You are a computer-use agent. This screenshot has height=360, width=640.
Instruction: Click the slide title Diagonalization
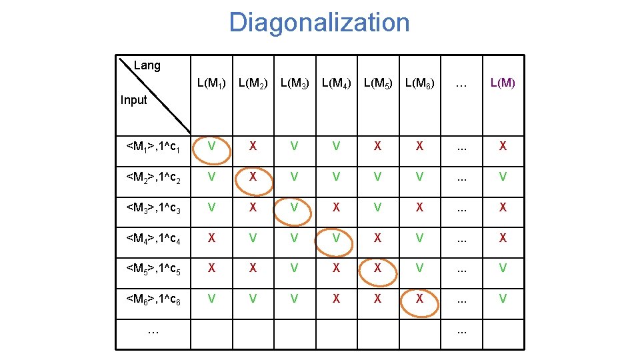pyautogui.click(x=319, y=23)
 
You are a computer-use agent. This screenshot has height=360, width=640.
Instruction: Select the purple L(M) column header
pyautogui.click(x=503, y=83)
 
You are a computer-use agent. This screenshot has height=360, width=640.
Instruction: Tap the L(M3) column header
pyautogui.click(x=294, y=84)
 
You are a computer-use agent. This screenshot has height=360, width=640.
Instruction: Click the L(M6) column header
pyautogui.click(x=419, y=84)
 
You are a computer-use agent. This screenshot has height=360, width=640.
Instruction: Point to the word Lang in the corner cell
pyautogui.click(x=147, y=65)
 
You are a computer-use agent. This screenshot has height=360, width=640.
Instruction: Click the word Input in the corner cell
pyautogui.click(x=133, y=100)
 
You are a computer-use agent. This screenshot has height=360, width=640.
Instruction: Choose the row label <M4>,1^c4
pyautogui.click(x=153, y=239)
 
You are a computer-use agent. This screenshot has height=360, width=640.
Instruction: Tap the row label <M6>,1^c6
pyautogui.click(x=153, y=300)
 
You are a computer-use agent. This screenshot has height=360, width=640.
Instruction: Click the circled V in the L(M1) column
pyautogui.click(x=211, y=146)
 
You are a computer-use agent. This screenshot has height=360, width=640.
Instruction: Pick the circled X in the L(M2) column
pyautogui.click(x=253, y=177)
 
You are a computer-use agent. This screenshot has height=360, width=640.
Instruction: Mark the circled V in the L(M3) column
pyautogui.click(x=294, y=207)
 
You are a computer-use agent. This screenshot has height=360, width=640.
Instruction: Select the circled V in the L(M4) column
pyautogui.click(x=336, y=238)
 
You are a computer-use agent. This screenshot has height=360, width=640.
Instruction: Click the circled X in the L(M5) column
pyautogui.click(x=377, y=269)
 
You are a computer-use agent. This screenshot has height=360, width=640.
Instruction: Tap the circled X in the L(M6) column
pyautogui.click(x=419, y=299)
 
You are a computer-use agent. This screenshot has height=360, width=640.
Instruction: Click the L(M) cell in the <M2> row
pyautogui.click(x=503, y=177)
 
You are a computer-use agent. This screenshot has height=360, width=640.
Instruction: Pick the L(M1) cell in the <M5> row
pyautogui.click(x=211, y=269)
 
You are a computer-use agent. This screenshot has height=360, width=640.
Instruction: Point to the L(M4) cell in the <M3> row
pyautogui.click(x=336, y=207)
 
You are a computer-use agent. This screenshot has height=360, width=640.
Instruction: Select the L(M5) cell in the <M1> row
pyautogui.click(x=377, y=146)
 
